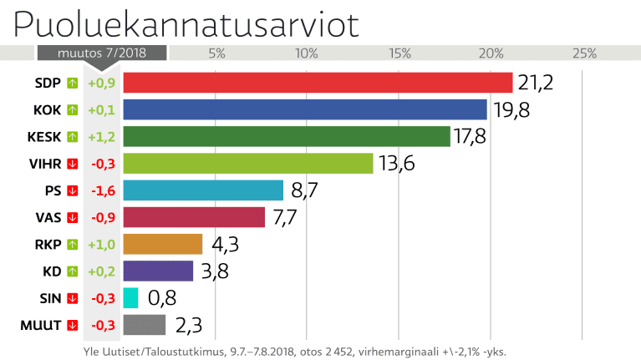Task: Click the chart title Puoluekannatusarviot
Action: tap(186, 24)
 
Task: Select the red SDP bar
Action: tap(318, 83)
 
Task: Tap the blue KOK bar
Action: tap(305, 109)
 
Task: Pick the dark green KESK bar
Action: tap(287, 136)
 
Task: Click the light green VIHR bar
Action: tap(247, 163)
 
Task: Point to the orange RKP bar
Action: tap(163, 244)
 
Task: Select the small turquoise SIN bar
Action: tap(130, 298)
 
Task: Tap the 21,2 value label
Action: tap(536, 83)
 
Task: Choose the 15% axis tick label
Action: tap(399, 53)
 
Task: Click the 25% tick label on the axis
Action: tap(583, 53)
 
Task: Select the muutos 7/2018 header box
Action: tap(102, 53)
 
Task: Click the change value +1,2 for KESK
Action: tap(102, 136)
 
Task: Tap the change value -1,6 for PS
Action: tap(102, 190)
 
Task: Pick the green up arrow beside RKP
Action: tap(73, 244)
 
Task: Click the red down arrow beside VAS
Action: tap(73, 217)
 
